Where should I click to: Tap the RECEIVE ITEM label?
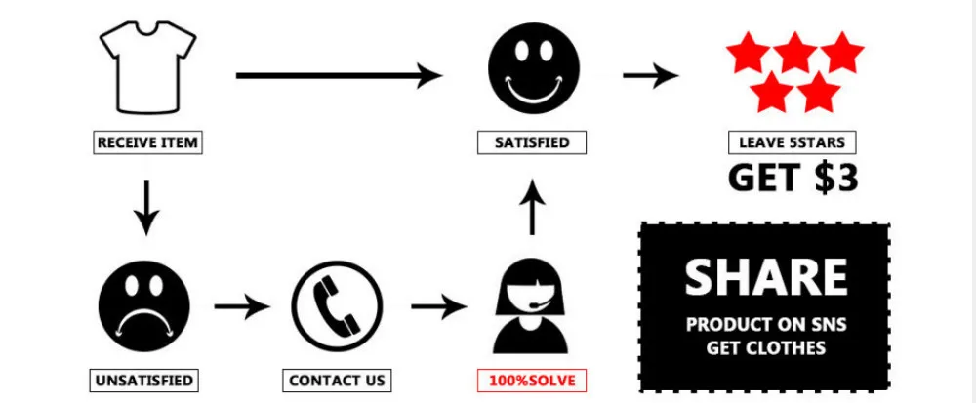coord(147,142)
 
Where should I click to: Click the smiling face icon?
coord(532,68)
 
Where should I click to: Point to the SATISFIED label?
coord(532,142)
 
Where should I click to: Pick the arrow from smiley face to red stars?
coord(650,75)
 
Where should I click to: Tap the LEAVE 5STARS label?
coord(792,142)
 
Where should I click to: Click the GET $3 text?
coord(793,178)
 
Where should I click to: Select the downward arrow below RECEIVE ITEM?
coord(145,206)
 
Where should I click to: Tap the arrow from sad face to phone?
coord(240,308)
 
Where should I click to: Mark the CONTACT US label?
coord(338,380)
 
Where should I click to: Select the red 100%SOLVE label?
coord(532,380)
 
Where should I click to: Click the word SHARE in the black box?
coord(766,278)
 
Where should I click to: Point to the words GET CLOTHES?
coord(765,348)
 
